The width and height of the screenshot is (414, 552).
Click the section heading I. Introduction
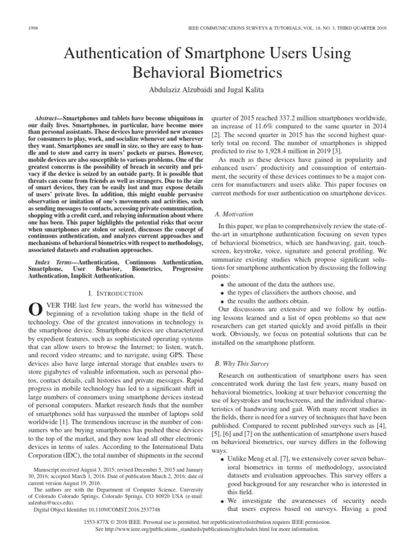click(115, 293)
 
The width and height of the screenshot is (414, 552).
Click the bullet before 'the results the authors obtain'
click(223, 300)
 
